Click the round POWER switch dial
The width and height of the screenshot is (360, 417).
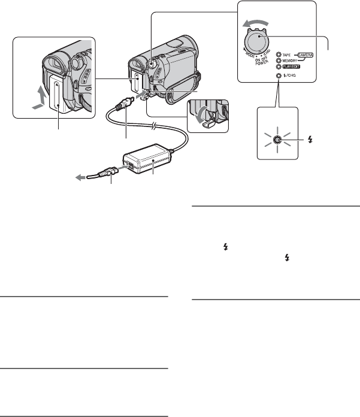(x=259, y=44)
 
